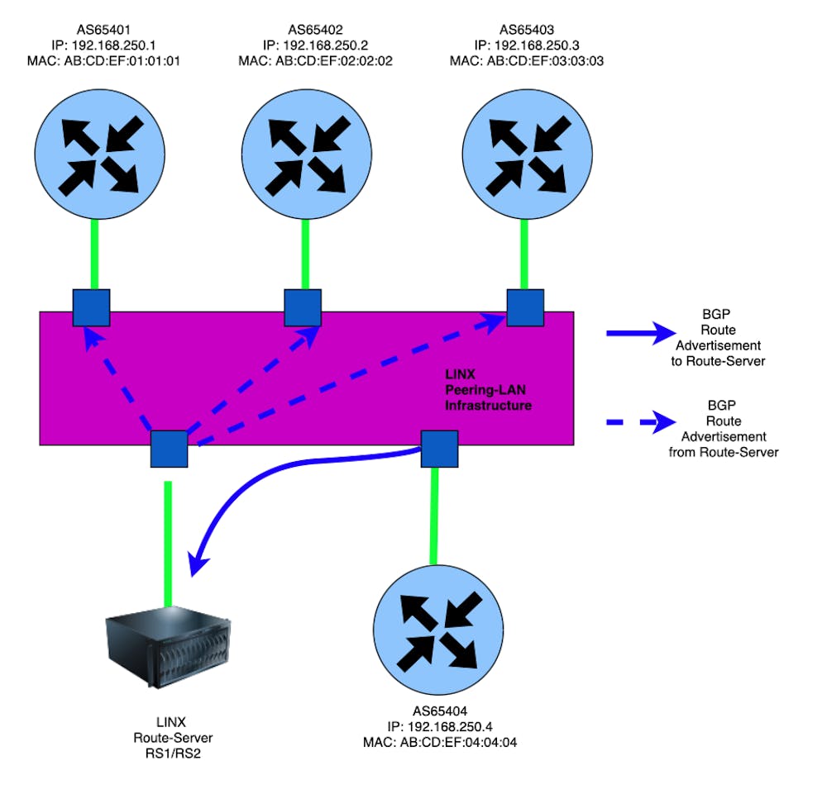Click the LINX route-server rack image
click(169, 647)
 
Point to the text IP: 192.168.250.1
click(98, 45)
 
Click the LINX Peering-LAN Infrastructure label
click(488, 391)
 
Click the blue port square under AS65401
click(91, 307)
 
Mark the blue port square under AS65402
click(303, 307)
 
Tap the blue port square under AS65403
click(525, 307)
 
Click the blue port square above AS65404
click(440, 449)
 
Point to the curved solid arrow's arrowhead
click(197, 564)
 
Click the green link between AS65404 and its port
click(431, 516)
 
